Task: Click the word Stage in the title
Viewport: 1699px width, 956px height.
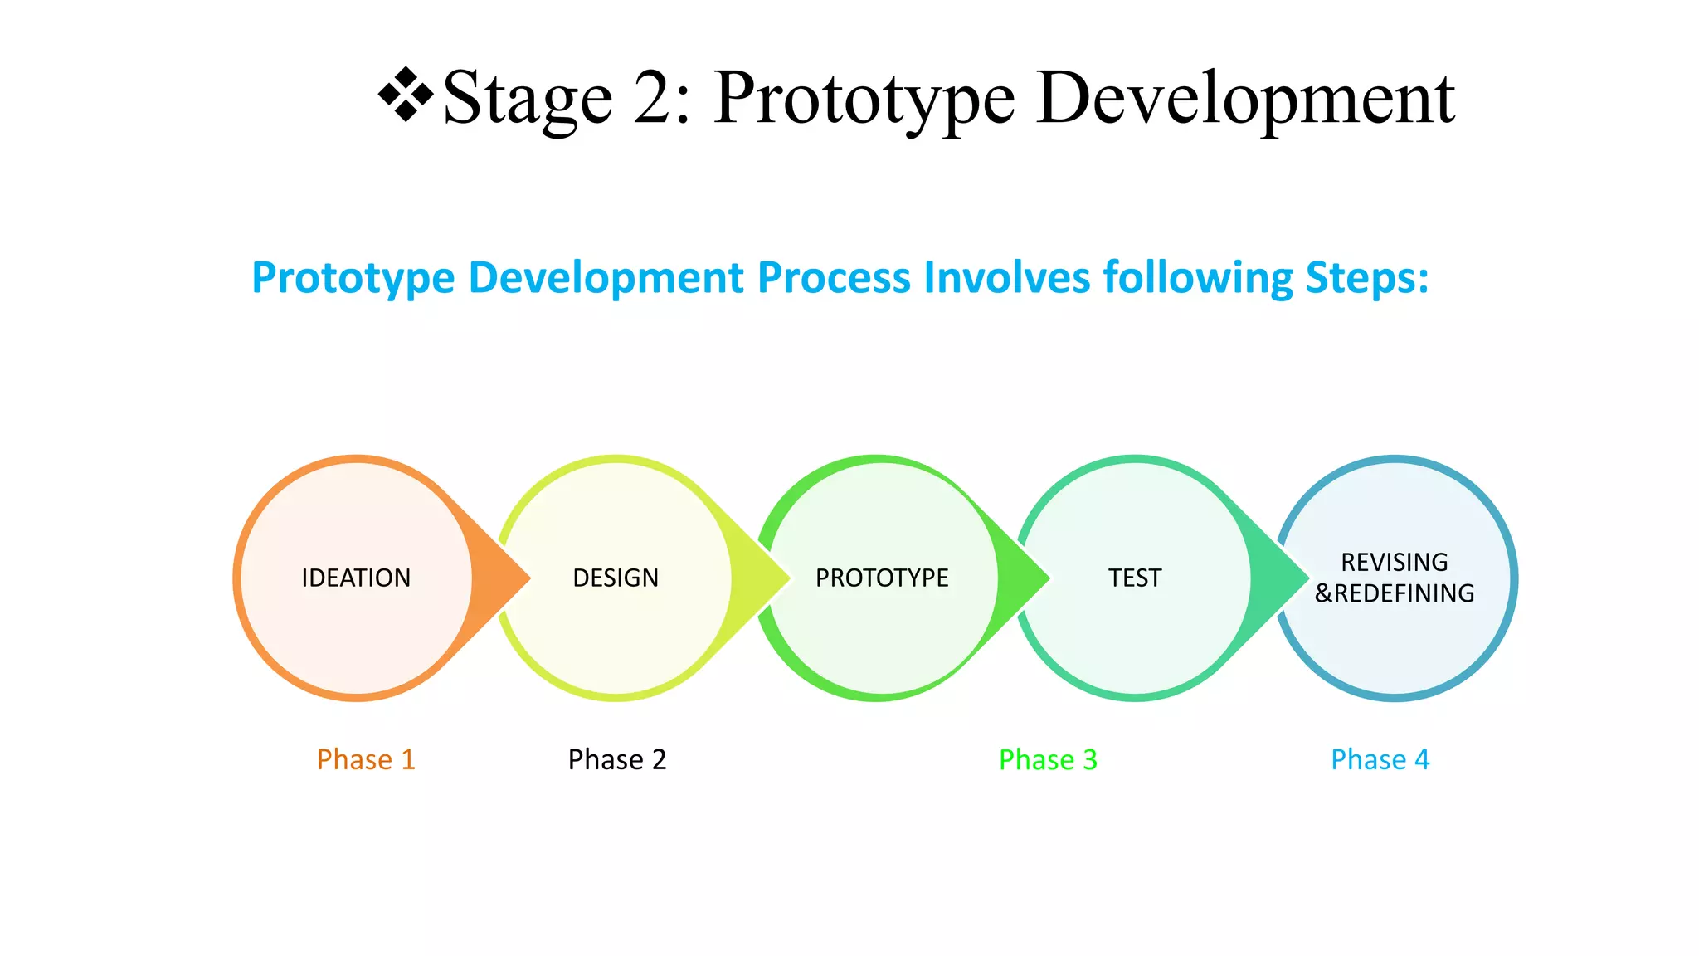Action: pos(528,100)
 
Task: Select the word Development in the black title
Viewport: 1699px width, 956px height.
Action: pos(1245,100)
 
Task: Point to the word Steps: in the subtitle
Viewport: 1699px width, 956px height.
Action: pos(1367,277)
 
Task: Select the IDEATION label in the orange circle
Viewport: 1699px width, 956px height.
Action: pos(356,578)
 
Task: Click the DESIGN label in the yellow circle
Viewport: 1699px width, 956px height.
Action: pos(616,578)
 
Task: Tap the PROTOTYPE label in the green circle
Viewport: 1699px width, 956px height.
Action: pos(882,578)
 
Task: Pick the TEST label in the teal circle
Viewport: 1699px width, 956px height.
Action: pos(1135,578)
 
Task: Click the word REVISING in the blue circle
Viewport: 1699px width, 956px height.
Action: pos(1395,562)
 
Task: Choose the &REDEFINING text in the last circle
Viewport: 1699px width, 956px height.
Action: pos(1395,593)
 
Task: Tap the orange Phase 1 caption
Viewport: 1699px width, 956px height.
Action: pos(366,759)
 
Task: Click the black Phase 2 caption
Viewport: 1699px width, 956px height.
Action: pos(617,759)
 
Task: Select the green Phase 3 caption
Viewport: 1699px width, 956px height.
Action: pos(1048,759)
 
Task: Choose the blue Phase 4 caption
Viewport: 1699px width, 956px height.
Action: pos(1380,759)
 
